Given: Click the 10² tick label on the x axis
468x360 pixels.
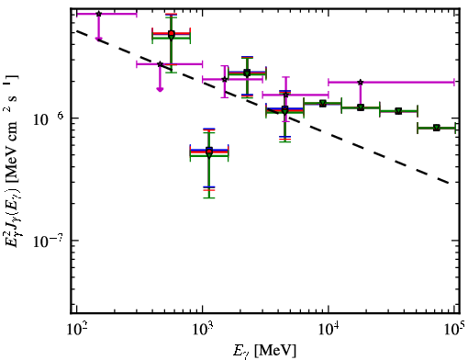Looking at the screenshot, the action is point(76,330).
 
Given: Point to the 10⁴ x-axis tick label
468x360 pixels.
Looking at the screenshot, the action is point(329,330).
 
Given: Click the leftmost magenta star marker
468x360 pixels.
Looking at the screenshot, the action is point(98,14).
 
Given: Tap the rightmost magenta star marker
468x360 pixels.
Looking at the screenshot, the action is point(361,82).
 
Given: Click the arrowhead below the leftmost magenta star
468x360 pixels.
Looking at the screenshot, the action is point(98,39).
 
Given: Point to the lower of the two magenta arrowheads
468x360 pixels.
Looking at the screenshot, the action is point(160,89).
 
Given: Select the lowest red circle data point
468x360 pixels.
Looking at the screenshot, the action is point(209,152).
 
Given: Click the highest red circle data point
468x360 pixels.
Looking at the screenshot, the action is point(172,33).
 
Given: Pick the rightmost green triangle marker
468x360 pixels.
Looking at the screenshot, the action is point(437,128).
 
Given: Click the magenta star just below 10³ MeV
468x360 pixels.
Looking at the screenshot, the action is point(160,64).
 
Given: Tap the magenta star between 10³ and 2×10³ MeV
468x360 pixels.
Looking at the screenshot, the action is point(225,79).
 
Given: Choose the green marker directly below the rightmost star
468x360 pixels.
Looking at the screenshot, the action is point(361,107).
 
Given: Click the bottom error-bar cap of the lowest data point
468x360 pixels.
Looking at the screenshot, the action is point(209,197).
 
